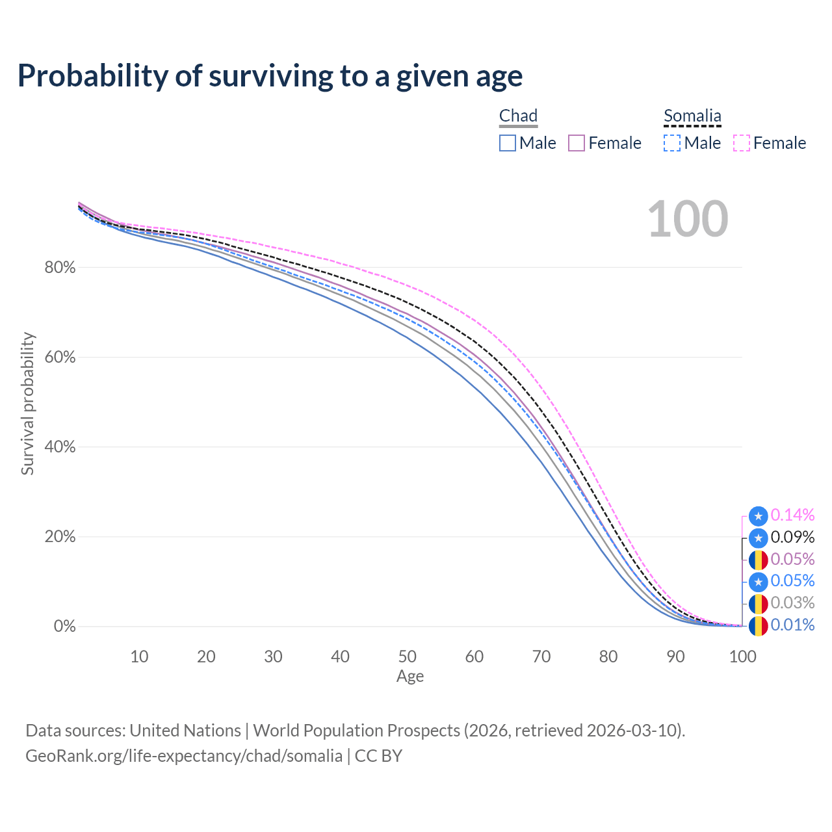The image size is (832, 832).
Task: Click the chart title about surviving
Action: click(270, 76)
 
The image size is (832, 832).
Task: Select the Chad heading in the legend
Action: click(518, 116)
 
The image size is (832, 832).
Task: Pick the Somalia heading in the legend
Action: click(692, 116)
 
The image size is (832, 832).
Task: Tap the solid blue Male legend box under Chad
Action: click(507, 143)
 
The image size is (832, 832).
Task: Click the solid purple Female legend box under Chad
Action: click(577, 143)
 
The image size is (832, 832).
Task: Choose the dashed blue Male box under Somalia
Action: click(672, 143)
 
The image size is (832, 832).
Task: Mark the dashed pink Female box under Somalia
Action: click(742, 143)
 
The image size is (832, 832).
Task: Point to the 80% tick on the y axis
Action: click(60, 267)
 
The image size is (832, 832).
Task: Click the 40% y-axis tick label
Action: click(60, 447)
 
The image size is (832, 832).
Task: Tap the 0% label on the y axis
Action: click(65, 626)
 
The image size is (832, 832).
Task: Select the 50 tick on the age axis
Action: click(407, 656)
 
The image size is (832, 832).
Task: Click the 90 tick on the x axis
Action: click(675, 656)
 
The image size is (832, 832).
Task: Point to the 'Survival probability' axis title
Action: click(27, 404)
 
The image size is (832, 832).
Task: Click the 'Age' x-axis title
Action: click(410, 676)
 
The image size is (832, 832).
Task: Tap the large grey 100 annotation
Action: click(688, 219)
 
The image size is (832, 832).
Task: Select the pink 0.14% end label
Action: click(792, 515)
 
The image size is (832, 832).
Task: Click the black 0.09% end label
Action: click(792, 537)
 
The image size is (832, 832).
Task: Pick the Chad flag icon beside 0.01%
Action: click(758, 626)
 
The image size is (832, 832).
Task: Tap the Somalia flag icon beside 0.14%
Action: click(758, 516)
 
